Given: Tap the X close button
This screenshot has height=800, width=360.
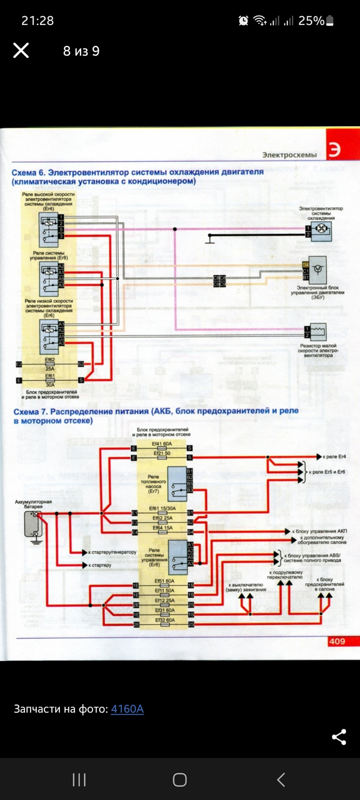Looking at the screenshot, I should (x=21, y=50).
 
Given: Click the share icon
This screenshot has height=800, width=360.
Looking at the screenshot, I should (x=339, y=737).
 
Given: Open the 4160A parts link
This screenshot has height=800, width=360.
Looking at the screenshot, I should (x=127, y=709).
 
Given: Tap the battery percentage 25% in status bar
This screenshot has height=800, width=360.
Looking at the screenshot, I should (x=311, y=20).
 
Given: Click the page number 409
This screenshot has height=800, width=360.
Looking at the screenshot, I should (x=337, y=641).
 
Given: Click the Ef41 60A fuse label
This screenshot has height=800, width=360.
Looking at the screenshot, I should (x=162, y=444).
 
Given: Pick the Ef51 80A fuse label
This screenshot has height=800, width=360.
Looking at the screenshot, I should (x=164, y=581).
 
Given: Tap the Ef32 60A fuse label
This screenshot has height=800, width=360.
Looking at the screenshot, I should (x=165, y=620).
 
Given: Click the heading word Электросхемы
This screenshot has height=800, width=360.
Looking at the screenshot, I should (x=289, y=155).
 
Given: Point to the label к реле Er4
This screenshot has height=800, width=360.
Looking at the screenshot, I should (x=334, y=457).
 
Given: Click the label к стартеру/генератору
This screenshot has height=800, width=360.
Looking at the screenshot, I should (x=112, y=552).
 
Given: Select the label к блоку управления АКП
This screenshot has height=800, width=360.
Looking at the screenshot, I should (x=319, y=531).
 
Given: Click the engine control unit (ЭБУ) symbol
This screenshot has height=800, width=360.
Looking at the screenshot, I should (x=318, y=270).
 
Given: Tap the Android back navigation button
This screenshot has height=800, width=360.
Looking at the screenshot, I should (x=281, y=780).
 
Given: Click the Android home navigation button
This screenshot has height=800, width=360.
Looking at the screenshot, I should (x=180, y=780).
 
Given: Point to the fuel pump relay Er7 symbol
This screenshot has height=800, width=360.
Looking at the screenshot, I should (x=177, y=483).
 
